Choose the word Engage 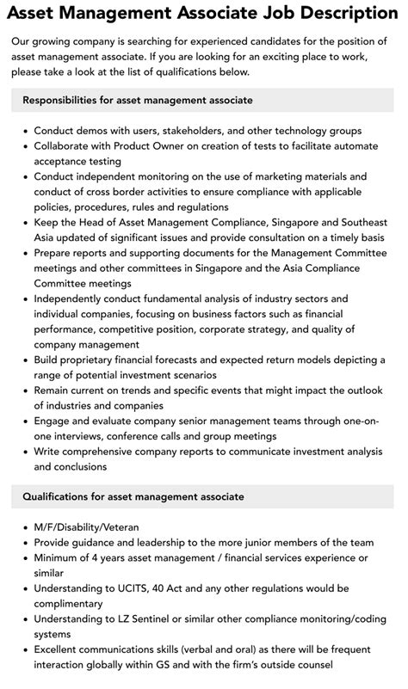54,421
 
